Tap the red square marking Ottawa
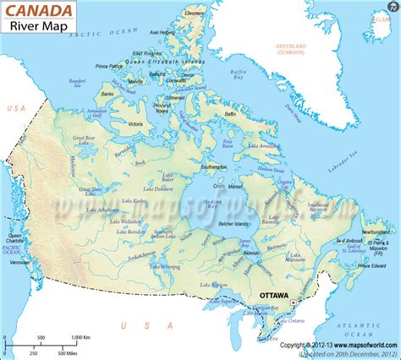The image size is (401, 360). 293,301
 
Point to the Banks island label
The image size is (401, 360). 107,94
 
